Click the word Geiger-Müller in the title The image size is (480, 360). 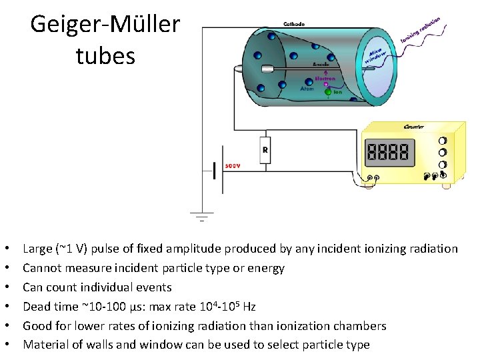(105, 25)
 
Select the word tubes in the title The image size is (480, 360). (105, 56)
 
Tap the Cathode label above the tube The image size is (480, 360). (294, 24)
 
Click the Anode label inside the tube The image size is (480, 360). (321, 64)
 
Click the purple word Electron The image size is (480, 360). (325, 78)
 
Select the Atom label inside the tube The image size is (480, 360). (307, 88)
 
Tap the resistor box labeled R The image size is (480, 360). (265, 151)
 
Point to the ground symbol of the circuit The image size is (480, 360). (201, 216)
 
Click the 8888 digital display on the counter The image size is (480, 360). (388, 153)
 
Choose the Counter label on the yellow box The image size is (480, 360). (414, 127)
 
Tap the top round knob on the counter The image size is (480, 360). (443, 141)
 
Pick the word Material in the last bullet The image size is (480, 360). (44, 345)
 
